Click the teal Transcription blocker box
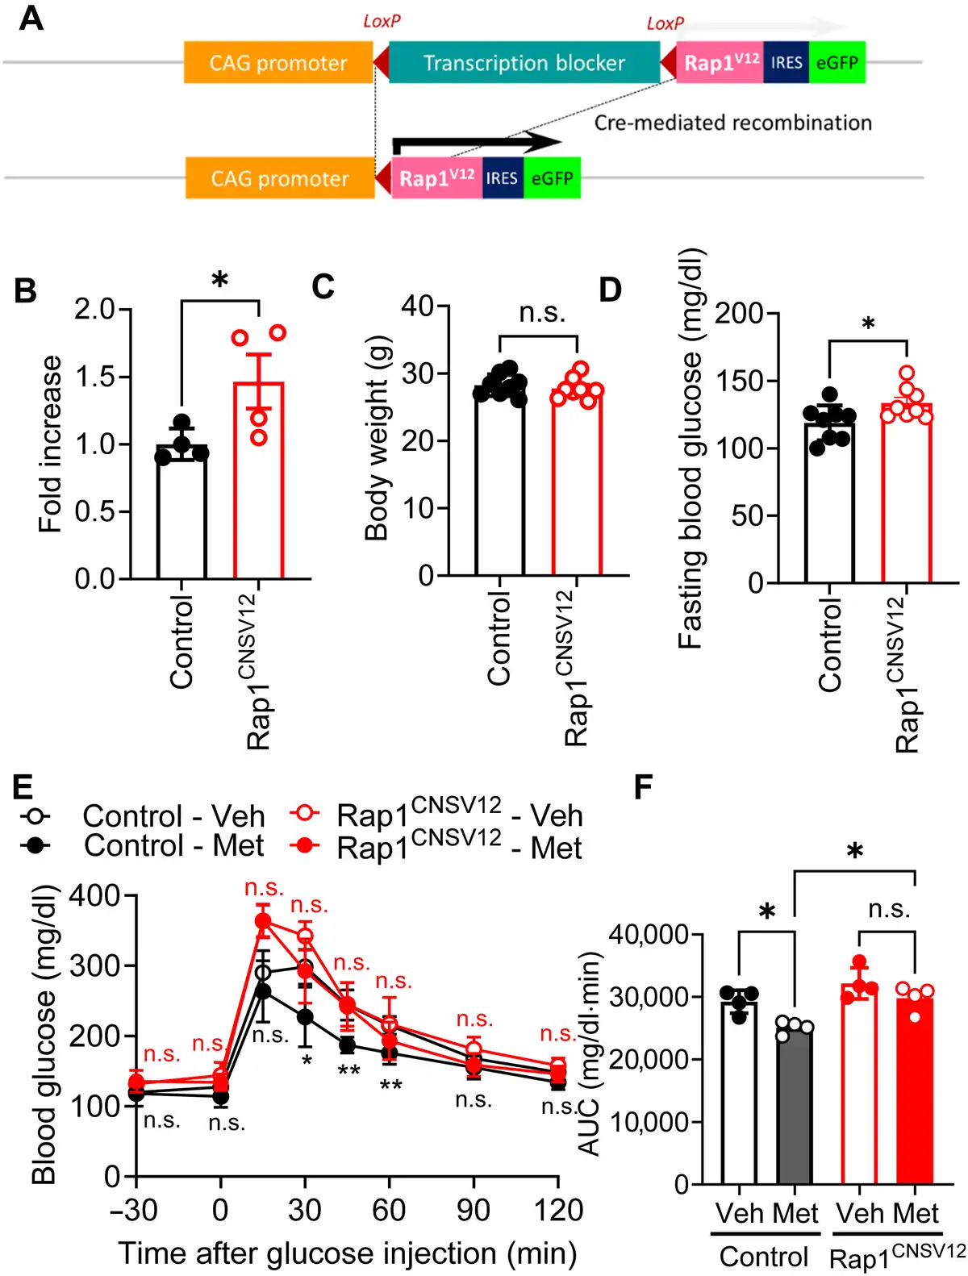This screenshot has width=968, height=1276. [524, 63]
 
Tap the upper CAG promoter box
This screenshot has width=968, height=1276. [278, 63]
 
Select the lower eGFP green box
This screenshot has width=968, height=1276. [552, 178]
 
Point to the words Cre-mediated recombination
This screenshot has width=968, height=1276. [732, 123]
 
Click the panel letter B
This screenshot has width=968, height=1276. [26, 290]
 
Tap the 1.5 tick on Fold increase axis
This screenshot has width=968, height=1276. [94, 377]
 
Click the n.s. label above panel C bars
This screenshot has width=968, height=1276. [542, 312]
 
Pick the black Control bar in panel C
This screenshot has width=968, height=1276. [499, 484]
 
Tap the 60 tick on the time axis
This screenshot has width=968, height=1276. [389, 1210]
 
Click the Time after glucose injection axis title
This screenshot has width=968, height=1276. [348, 1253]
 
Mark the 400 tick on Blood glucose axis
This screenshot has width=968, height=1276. [94, 895]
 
